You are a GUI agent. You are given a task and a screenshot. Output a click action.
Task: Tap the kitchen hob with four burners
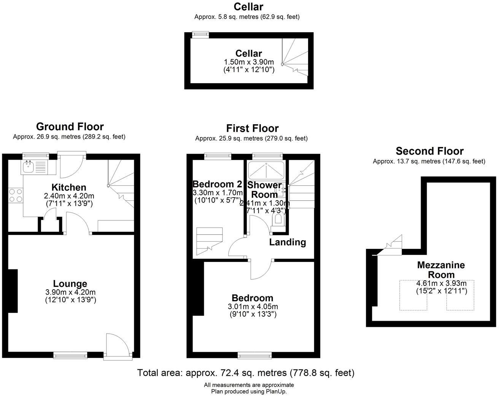click(16, 195)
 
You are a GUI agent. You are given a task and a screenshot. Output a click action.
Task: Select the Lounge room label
click(70, 284)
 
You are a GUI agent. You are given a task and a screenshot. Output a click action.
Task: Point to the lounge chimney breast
click(13, 291)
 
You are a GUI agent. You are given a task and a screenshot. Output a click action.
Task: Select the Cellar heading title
click(248, 6)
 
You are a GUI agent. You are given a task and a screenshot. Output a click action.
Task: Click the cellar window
click(200, 34)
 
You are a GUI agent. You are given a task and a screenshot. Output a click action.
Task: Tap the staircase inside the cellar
click(295, 57)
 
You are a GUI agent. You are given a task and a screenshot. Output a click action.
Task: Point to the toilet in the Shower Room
click(278, 219)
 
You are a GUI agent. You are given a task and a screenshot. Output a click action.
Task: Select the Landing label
click(287, 242)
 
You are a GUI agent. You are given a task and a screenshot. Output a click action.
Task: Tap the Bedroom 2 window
click(218, 156)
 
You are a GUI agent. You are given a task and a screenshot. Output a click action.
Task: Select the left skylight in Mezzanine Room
click(413, 295)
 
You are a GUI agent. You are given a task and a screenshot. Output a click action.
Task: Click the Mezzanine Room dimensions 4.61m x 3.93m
click(441, 283)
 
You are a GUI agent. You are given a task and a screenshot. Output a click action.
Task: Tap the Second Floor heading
click(429, 151)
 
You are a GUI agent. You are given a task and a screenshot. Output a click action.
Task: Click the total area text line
click(246, 373)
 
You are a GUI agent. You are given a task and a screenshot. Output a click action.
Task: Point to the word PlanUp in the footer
click(277, 391)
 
